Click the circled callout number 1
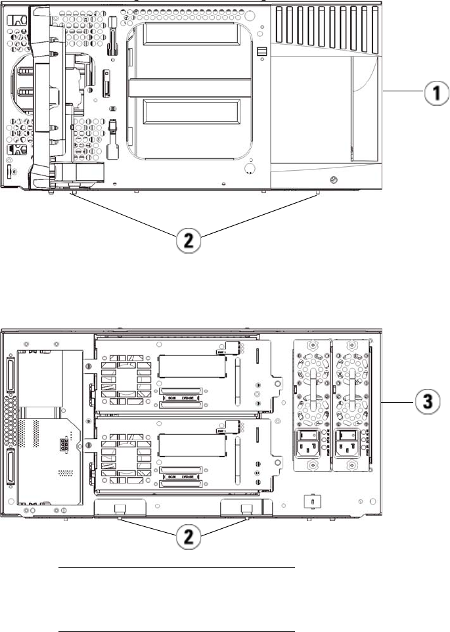(432, 95)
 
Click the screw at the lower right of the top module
(332, 179)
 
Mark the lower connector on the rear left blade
(12, 470)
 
